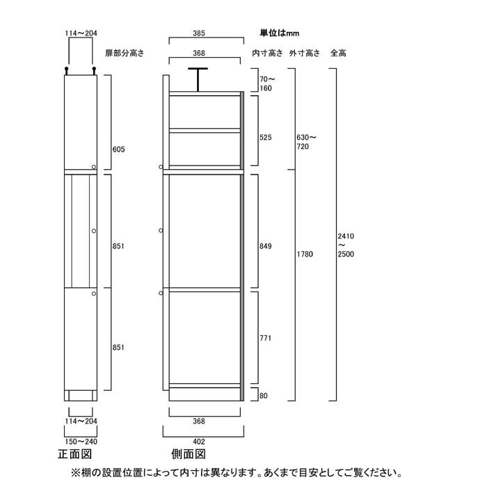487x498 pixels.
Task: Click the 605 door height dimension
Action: pyautogui.click(x=118, y=150)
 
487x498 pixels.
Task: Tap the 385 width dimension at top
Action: pyautogui.click(x=199, y=33)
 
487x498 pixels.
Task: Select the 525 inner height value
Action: pyautogui.click(x=266, y=138)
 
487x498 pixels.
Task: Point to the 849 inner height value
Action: pyautogui.click(x=266, y=246)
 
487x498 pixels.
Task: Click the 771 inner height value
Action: pyautogui.click(x=266, y=338)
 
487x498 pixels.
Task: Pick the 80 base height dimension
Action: pyautogui.click(x=264, y=396)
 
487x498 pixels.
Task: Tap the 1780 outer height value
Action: pyautogui.click(x=305, y=254)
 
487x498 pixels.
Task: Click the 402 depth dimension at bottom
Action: pyautogui.click(x=199, y=442)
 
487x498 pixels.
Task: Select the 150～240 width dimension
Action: pyautogui.click(x=81, y=442)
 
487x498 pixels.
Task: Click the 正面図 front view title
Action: pyautogui.click(x=75, y=454)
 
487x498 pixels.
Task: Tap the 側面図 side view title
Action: pyautogui.click(x=189, y=454)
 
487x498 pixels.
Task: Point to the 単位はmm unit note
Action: pyautogui.click(x=280, y=33)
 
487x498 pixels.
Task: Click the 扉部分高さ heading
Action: pyautogui.click(x=125, y=53)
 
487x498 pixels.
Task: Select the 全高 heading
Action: pyautogui.click(x=338, y=53)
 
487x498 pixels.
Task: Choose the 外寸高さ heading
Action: pyautogui.click(x=304, y=53)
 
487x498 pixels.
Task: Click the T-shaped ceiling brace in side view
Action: pyautogui.click(x=198, y=79)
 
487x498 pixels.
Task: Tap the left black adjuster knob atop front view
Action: pyautogui.click(x=66, y=70)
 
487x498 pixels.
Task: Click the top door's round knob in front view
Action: pyautogui.click(x=94, y=167)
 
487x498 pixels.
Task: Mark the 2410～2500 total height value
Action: pyautogui.click(x=346, y=246)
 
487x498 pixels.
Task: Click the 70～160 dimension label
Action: pyautogui.click(x=267, y=84)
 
